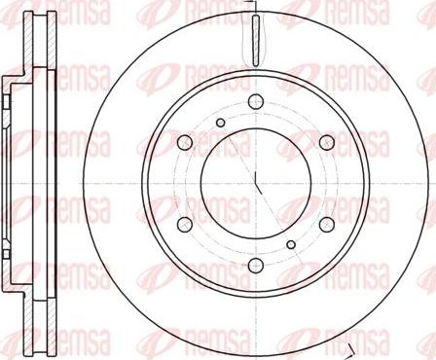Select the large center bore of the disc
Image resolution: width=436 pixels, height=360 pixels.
pos(255,182)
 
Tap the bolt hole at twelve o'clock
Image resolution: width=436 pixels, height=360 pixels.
pos(255,100)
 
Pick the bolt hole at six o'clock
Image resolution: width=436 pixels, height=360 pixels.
pos(255,266)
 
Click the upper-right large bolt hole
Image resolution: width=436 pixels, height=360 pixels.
pos(327,142)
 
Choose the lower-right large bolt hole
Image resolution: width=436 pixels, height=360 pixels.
pos(327,224)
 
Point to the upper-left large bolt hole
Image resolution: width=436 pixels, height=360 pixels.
pos(184,142)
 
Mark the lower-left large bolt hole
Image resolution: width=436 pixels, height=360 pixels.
pos(184,224)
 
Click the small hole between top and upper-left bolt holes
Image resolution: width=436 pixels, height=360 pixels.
pos(221,122)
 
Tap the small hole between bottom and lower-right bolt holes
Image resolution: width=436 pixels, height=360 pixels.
pos(290,243)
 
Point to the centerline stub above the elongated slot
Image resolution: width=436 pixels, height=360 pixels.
pos(254,9)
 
